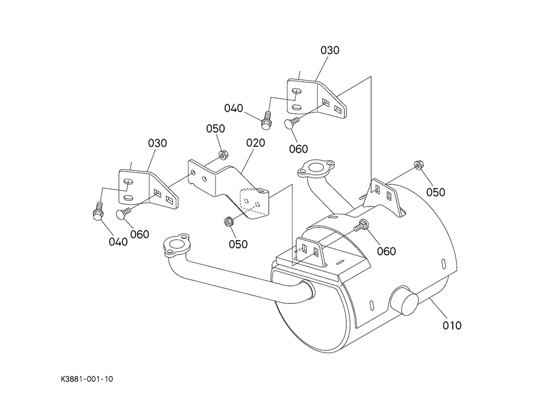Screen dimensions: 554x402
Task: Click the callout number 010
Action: click(x=452, y=325)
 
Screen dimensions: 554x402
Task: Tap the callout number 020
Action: click(x=255, y=143)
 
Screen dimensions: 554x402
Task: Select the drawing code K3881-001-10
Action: click(x=87, y=379)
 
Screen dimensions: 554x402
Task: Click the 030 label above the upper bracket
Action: click(x=329, y=50)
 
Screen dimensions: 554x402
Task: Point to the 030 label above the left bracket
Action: click(x=157, y=143)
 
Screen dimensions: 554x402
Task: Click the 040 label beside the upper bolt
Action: click(x=234, y=108)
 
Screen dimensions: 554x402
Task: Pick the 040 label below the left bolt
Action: click(x=118, y=242)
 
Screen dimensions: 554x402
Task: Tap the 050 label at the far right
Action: click(x=435, y=192)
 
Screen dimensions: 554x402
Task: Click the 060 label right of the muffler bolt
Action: click(x=386, y=251)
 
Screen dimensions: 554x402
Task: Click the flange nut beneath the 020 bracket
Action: click(x=228, y=222)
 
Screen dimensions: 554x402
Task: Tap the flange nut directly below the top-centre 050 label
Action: click(x=223, y=155)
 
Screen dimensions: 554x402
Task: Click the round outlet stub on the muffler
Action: click(x=405, y=301)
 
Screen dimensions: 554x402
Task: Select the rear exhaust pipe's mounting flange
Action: click(x=316, y=169)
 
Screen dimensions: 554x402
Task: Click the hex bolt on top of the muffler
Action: click(x=361, y=225)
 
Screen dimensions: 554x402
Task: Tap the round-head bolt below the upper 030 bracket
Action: click(x=291, y=123)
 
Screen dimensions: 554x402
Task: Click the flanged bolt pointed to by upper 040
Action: click(x=266, y=120)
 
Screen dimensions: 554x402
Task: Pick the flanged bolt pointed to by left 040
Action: click(x=98, y=211)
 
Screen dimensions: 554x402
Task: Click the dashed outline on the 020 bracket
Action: click(x=253, y=201)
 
